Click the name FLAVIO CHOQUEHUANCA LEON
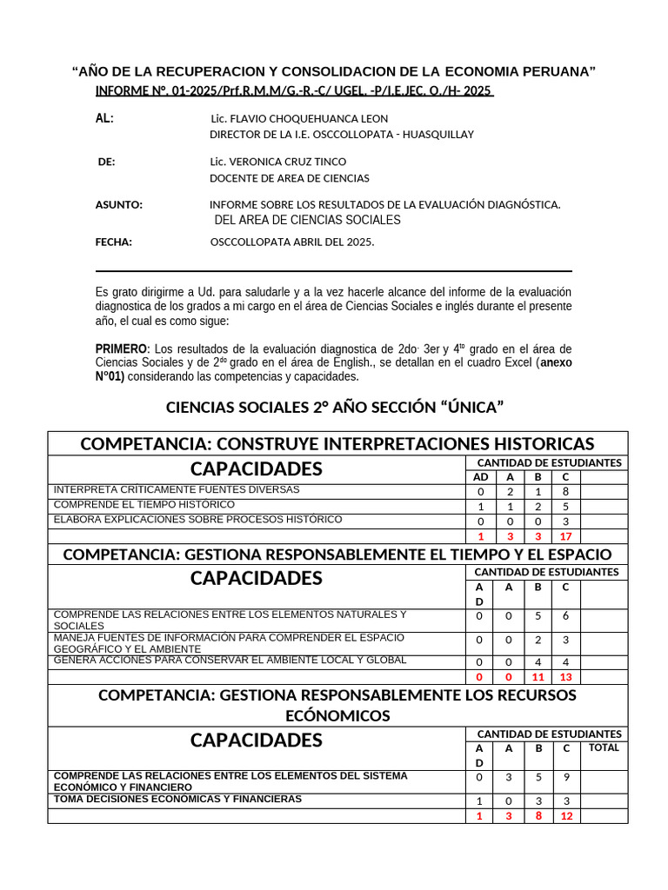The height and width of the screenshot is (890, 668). pyautogui.click(x=299, y=118)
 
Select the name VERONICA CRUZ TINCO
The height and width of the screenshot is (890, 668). pyautogui.click(x=277, y=162)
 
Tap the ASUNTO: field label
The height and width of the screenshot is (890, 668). pyautogui.click(x=118, y=205)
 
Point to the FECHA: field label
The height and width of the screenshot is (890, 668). pyautogui.click(x=113, y=242)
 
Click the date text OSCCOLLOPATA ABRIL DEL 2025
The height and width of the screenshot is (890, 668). pyautogui.click(x=292, y=242)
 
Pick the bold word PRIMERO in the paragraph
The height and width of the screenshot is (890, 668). pyautogui.click(x=121, y=349)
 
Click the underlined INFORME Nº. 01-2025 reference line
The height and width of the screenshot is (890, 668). pyautogui.click(x=294, y=91)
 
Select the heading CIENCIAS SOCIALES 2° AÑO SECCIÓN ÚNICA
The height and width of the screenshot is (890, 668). pyautogui.click(x=335, y=407)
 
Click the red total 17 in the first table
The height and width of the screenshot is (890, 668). pyautogui.click(x=565, y=536)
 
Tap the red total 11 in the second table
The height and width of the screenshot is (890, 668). pyautogui.click(x=538, y=677)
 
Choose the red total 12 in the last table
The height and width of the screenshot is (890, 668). pyautogui.click(x=565, y=816)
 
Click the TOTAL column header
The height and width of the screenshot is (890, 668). pyautogui.click(x=604, y=747)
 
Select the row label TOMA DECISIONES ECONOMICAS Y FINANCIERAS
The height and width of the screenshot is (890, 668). pyautogui.click(x=177, y=799)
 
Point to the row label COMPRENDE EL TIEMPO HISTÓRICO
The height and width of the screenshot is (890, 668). pyautogui.click(x=144, y=505)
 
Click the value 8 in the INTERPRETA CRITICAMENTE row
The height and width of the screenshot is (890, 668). pyautogui.click(x=565, y=491)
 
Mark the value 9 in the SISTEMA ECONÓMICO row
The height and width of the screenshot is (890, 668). pyautogui.click(x=565, y=778)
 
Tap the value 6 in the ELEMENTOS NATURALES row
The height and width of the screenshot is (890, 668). pyautogui.click(x=565, y=616)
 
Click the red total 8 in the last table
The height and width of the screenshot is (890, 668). pyautogui.click(x=538, y=816)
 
